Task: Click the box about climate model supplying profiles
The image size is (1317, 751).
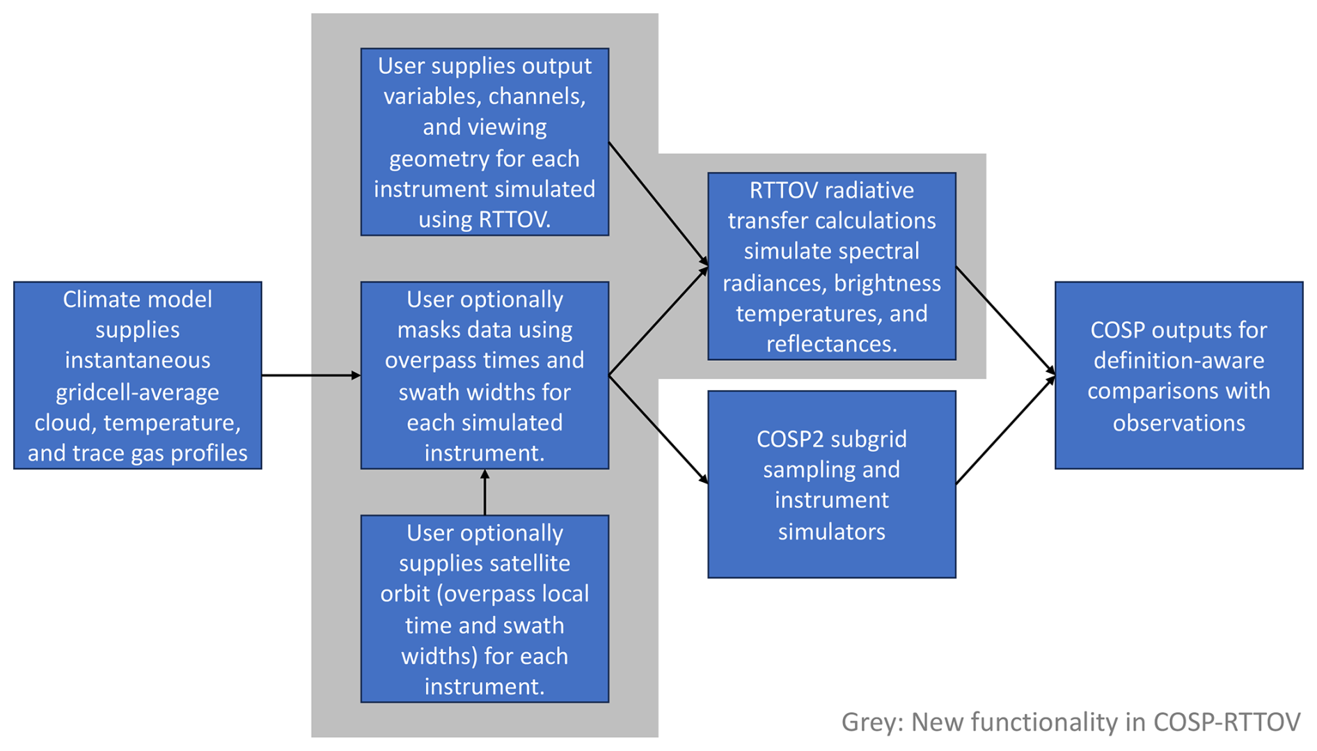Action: coord(137,375)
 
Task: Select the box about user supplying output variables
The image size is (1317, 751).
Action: coord(484,141)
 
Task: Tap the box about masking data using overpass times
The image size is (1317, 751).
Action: coord(484,375)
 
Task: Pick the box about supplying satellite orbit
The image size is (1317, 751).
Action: coord(484,608)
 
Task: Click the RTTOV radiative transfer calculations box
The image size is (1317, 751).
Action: coord(831,266)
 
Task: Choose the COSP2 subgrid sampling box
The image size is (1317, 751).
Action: coord(831,484)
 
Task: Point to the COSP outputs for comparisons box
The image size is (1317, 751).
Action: coord(1178,375)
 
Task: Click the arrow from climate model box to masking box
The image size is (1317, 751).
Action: coord(310,375)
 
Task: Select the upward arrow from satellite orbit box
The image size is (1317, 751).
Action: coord(484,492)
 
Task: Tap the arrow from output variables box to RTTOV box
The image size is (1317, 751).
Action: coord(658,204)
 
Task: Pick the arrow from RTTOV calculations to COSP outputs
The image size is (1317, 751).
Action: coord(1005,320)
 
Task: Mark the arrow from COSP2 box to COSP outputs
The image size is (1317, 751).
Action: coord(1005,430)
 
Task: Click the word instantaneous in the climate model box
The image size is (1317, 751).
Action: coord(137,360)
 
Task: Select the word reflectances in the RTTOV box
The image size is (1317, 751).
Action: coord(831,343)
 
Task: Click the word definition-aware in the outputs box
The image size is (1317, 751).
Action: coord(1178,360)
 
